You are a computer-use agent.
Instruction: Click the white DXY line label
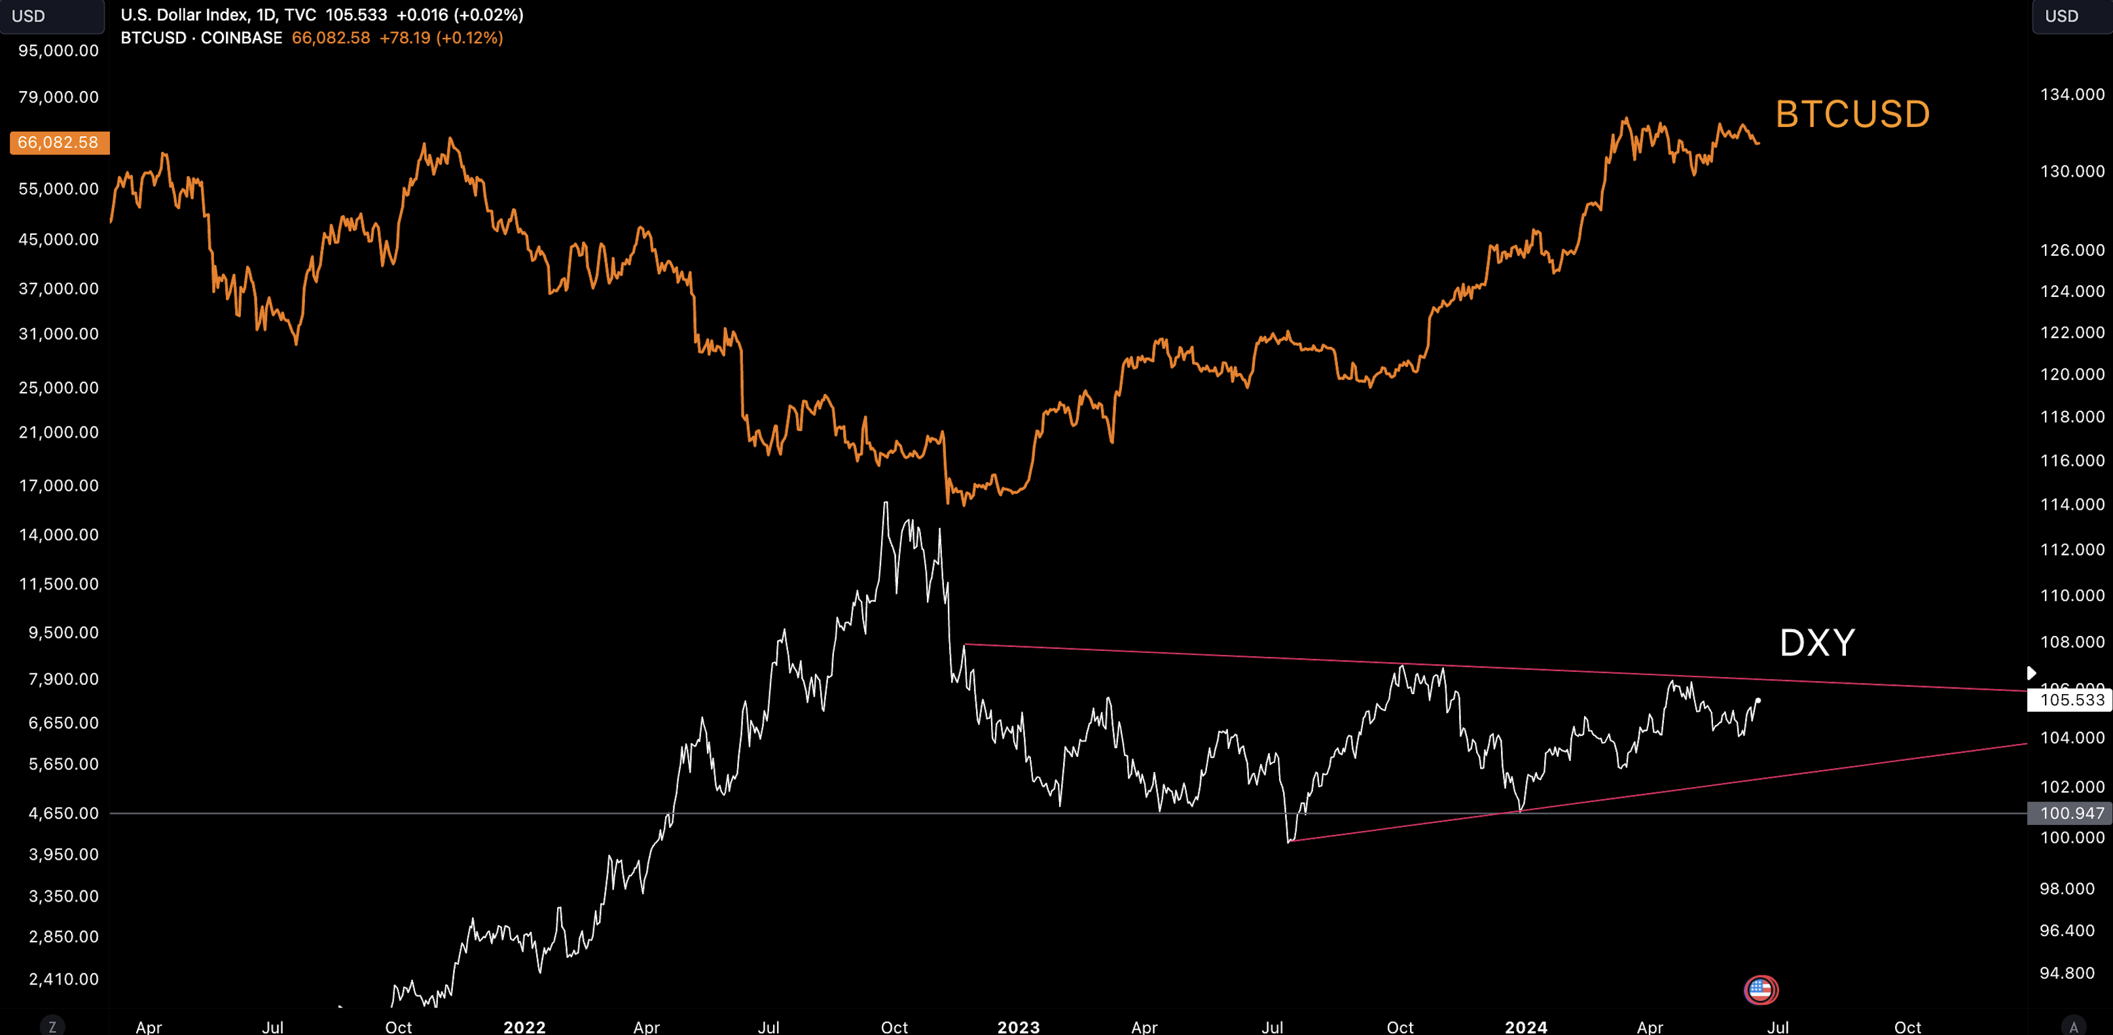(1817, 643)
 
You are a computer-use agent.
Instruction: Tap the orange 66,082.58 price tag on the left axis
(58, 143)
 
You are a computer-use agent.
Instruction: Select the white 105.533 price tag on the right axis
(2071, 699)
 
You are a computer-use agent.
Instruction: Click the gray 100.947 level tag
(2071, 813)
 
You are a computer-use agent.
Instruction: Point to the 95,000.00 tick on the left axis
(58, 51)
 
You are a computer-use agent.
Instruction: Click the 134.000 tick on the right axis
(2072, 94)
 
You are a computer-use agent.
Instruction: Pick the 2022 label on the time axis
(524, 1026)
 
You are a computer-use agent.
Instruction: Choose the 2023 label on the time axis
(1018, 1026)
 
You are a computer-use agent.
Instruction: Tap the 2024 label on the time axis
(1526, 1026)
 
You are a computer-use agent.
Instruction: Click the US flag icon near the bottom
(1760, 990)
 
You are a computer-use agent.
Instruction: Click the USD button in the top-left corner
(29, 16)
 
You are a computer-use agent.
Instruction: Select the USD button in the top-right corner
(2061, 16)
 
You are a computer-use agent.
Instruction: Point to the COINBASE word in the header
(241, 38)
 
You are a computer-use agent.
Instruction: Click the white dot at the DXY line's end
(1758, 701)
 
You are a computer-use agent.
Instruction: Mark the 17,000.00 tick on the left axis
(58, 485)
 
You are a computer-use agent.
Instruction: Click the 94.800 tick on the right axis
(2067, 973)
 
